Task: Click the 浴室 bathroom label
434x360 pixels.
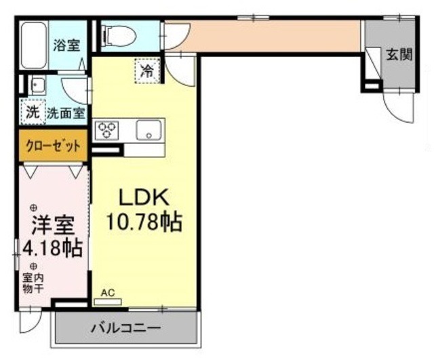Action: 66,46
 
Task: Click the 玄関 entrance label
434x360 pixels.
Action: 399,56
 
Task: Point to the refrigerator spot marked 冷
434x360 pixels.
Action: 147,70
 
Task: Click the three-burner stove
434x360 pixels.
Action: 106,129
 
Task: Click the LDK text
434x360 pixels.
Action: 143,197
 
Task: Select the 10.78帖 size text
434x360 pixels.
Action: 143,222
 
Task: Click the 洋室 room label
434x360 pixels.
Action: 51,224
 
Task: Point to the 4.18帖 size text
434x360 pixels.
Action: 52,248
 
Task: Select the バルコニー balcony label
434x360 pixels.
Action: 126,328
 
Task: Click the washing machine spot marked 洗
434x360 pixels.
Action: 32,113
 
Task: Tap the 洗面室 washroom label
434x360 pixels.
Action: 65,113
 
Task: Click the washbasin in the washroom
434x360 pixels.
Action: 37,85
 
